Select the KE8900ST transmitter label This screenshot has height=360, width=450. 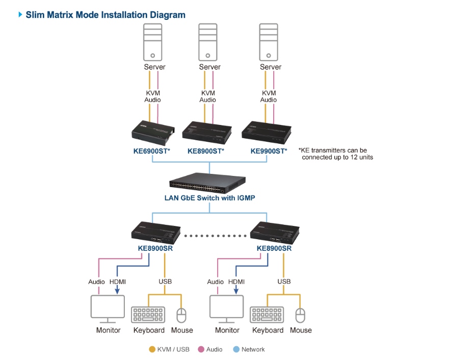click(206, 151)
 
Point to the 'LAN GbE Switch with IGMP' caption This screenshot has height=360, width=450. click(209, 198)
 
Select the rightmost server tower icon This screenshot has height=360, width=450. click(270, 42)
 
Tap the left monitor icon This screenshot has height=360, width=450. click(108, 308)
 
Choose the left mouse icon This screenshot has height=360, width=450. click(182, 315)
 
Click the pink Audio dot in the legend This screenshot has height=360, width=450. click(201, 350)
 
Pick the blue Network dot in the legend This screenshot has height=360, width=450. click(236, 350)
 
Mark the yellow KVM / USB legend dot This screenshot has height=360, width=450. click(152, 350)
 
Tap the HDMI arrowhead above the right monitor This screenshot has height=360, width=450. click(236, 292)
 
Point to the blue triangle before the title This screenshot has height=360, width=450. click(20, 15)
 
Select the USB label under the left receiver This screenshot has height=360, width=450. click(165, 281)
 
